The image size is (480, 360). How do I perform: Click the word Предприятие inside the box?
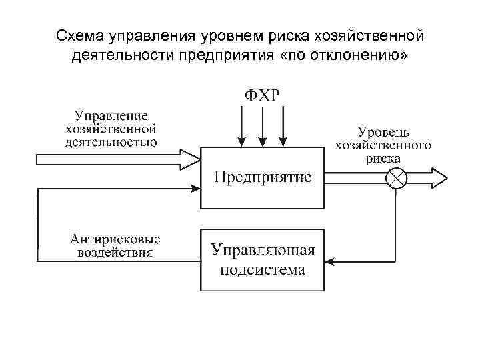(262, 177)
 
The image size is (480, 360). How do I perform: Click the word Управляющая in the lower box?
(262, 251)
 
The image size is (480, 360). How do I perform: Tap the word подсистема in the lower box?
(262, 269)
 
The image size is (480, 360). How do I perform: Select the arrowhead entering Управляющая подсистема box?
(329, 261)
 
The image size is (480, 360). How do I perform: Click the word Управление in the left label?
(111, 115)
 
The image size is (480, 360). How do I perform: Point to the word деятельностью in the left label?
(111, 141)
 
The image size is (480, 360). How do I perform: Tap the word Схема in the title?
(75, 35)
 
